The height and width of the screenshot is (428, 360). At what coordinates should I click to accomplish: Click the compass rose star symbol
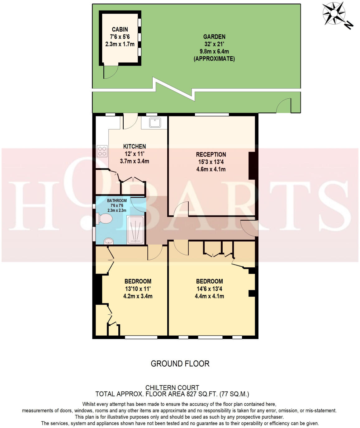click(x=334, y=14)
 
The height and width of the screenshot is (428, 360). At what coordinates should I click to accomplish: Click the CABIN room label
click(x=120, y=29)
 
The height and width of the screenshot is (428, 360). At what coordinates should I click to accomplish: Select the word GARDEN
click(x=214, y=37)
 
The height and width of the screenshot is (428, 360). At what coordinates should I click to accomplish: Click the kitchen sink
click(x=155, y=122)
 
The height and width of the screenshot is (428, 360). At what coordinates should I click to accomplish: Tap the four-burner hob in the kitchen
click(x=102, y=151)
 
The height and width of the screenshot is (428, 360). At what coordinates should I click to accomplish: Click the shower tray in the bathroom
click(x=135, y=230)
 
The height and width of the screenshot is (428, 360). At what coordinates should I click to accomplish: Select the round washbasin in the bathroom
click(x=109, y=241)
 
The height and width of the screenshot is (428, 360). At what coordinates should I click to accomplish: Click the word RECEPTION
click(x=211, y=155)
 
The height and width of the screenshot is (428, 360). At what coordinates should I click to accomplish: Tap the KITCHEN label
click(x=135, y=146)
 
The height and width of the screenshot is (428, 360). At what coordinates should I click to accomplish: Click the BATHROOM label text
click(x=117, y=200)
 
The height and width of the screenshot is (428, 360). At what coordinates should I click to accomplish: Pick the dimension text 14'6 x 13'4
click(x=210, y=289)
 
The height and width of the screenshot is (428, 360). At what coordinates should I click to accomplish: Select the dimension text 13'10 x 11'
click(x=138, y=289)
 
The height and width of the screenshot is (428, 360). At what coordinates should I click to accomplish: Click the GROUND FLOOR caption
click(x=180, y=364)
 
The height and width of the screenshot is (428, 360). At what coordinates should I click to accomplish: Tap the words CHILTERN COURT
click(x=172, y=388)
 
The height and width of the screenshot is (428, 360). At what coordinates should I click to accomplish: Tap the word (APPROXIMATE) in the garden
click(x=214, y=59)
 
